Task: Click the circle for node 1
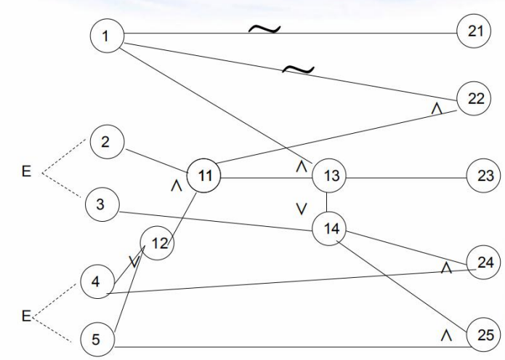(x=108, y=37)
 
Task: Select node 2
(x=105, y=142)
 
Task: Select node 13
(x=331, y=176)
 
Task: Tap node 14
(x=331, y=228)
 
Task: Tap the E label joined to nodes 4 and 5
(x=25, y=316)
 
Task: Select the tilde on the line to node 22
(x=299, y=70)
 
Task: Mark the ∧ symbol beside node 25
(x=448, y=335)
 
